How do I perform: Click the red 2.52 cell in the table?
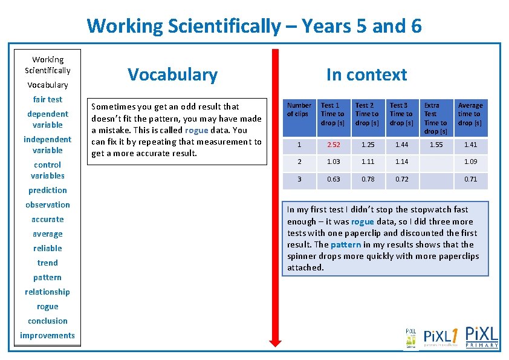point(330,145)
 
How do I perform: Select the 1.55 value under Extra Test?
point(435,145)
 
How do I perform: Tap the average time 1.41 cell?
point(470,145)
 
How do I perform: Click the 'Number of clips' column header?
point(299,110)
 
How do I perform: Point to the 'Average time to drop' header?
point(470,114)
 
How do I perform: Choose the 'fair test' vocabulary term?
point(48,99)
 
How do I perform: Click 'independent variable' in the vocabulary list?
point(48,145)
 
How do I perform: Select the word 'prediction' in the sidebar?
point(48,190)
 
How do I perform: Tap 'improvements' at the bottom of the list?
point(48,335)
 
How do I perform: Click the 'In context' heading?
point(366,74)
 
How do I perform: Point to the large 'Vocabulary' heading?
point(172,74)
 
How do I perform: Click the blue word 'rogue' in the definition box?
point(196,130)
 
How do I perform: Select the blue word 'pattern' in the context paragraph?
point(346,244)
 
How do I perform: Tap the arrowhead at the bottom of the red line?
point(275,342)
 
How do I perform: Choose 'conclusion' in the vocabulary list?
point(48,321)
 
